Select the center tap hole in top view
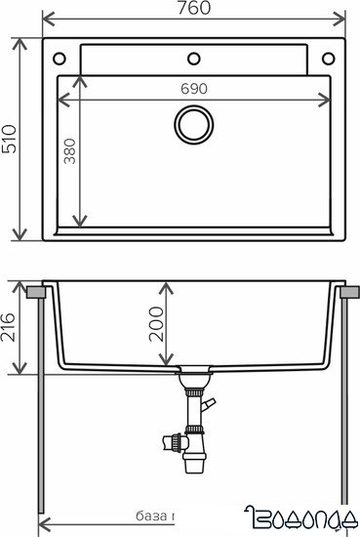(x=193, y=56)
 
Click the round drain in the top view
(x=193, y=124)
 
